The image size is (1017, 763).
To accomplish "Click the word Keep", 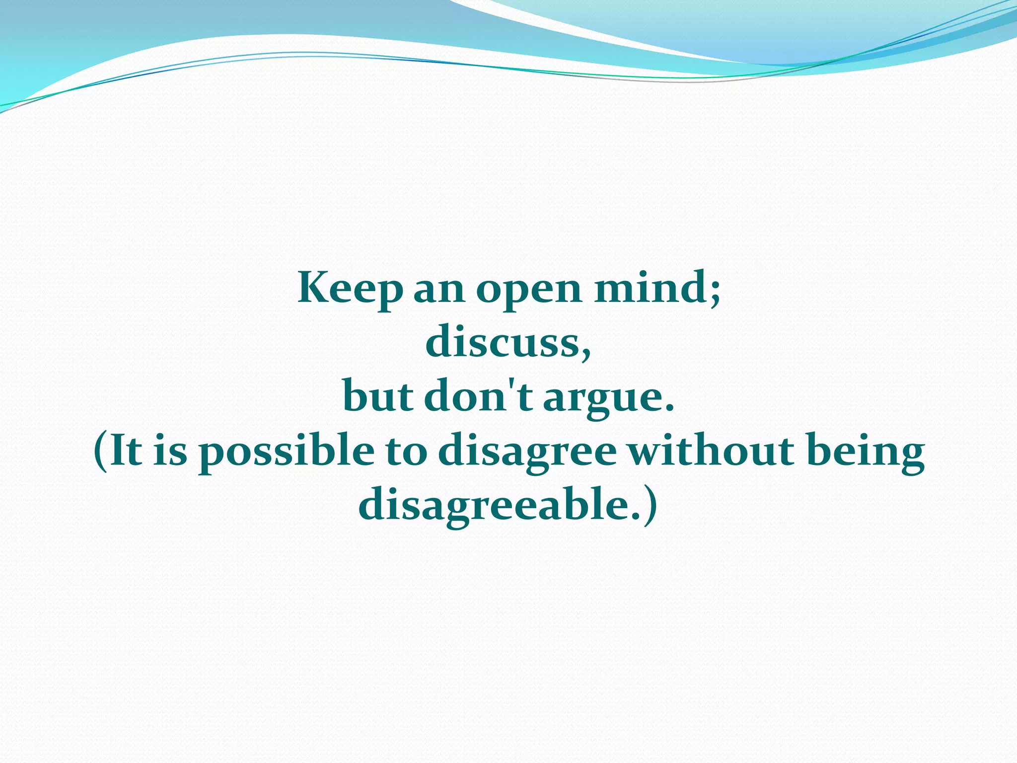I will [x=350, y=289].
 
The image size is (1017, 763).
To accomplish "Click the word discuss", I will [x=501, y=343].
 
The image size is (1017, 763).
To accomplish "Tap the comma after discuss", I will [x=585, y=350].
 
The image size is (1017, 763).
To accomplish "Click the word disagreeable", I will [x=492, y=507].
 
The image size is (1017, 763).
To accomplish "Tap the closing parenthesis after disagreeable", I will [x=650, y=507].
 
